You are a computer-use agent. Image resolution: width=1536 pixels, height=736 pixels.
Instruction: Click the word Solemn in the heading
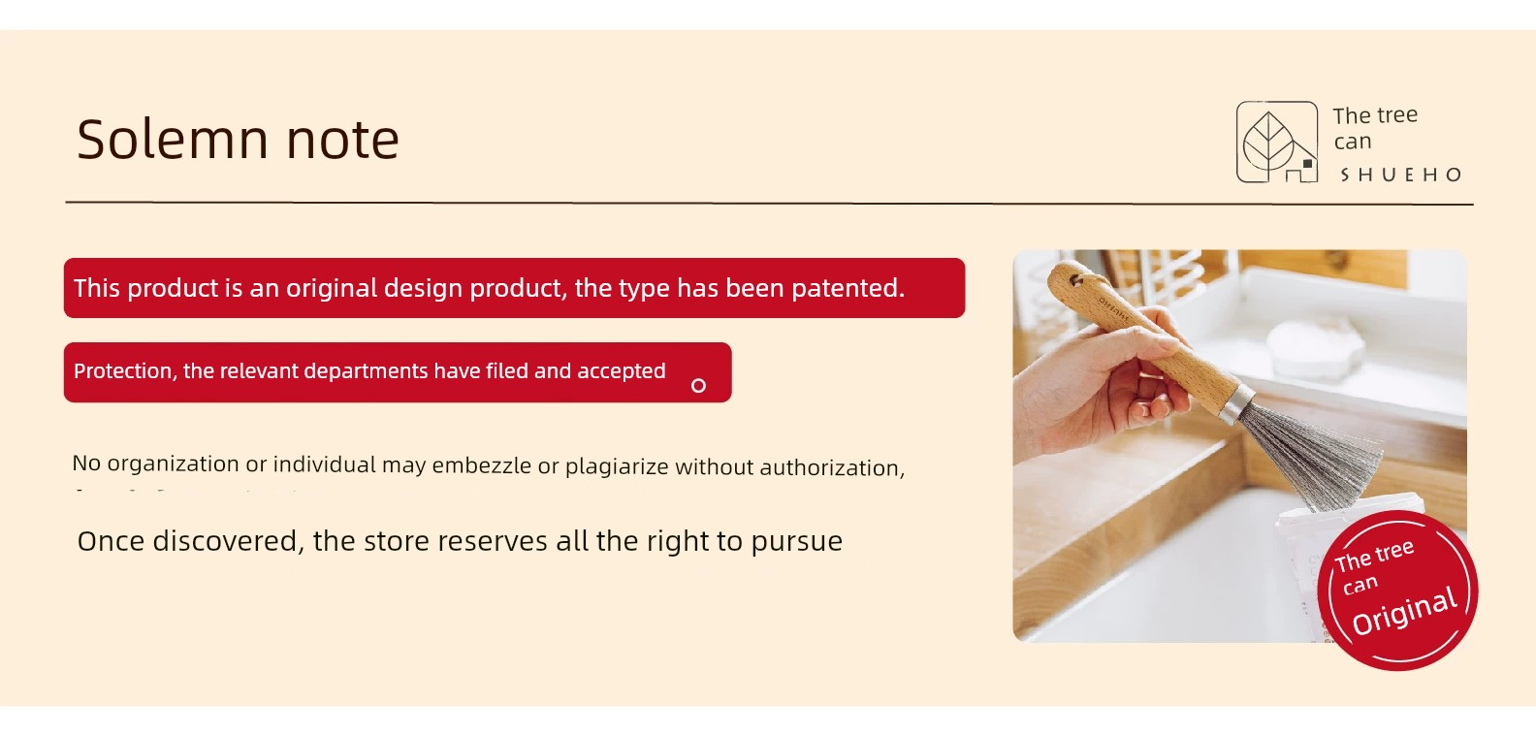[172, 140]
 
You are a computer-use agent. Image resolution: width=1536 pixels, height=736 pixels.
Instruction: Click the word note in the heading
[342, 142]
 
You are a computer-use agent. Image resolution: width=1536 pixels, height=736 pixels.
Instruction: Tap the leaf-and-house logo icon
[1277, 142]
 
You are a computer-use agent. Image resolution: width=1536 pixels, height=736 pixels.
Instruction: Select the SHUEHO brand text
[1400, 175]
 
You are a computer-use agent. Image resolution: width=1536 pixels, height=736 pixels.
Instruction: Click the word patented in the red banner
[848, 289]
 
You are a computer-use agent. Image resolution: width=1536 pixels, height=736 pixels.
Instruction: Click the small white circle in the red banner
[698, 386]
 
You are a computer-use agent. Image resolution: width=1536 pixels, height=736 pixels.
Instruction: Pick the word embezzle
[481, 465]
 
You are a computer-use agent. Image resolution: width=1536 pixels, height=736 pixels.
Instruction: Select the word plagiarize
[617, 467]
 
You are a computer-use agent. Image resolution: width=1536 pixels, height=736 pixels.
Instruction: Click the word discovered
[225, 541]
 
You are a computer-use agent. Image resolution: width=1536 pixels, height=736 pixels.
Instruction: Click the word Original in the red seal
[1405, 612]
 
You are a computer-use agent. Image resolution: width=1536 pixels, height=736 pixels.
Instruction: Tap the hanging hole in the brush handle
[1076, 280]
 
